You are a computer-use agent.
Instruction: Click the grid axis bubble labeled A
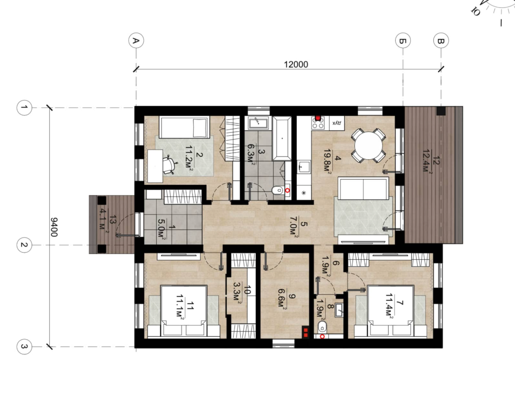pos(136,40)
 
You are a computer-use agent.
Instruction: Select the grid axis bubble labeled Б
pos(403,40)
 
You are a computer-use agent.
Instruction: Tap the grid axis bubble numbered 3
pos(24,347)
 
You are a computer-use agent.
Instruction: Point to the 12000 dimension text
pos(296,65)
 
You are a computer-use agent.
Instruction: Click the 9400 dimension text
pos(54,227)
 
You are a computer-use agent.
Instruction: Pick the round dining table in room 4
pos(368,146)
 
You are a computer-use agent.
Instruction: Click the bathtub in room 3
pos(282,138)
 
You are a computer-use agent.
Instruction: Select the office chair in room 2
pos(170,165)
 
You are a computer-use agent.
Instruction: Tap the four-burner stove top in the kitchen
pos(318,123)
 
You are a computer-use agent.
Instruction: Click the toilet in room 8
pos(322,327)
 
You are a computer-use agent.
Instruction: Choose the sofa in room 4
pos(363,188)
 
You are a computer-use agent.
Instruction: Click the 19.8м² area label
pos(328,160)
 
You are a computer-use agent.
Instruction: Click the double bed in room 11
pos(184,310)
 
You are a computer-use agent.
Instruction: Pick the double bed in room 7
pos(391,310)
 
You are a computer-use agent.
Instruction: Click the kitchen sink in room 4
pos(304,167)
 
